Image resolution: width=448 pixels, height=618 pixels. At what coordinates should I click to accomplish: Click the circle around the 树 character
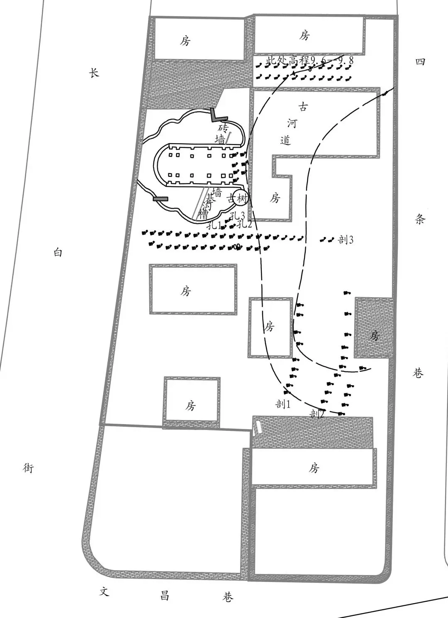pyautogui.click(x=241, y=198)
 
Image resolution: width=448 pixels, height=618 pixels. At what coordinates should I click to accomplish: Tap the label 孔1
pyautogui.click(x=214, y=226)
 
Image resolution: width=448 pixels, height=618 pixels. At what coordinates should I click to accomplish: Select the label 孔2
pyautogui.click(x=245, y=225)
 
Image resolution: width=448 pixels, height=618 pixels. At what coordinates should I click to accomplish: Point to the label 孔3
pyautogui.click(x=237, y=216)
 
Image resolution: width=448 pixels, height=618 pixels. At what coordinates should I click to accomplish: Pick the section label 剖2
pyautogui.click(x=317, y=413)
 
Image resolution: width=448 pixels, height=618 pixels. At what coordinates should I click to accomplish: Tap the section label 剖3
pyautogui.click(x=346, y=239)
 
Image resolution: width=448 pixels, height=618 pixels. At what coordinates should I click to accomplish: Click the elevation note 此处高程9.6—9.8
pyautogui.click(x=309, y=61)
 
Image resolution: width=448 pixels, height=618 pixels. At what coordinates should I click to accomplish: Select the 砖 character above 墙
pyautogui.click(x=224, y=127)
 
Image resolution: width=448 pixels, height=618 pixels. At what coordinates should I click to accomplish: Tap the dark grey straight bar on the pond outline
pyautogui.click(x=161, y=199)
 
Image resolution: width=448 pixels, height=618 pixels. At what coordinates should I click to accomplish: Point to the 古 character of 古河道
pyautogui.click(x=304, y=107)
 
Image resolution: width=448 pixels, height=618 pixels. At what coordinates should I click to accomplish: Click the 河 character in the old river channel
pyautogui.click(x=292, y=123)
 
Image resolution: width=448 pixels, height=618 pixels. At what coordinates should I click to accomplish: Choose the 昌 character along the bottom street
pyautogui.click(x=165, y=596)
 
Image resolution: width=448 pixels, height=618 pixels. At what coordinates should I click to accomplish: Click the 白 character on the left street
pyautogui.click(x=58, y=252)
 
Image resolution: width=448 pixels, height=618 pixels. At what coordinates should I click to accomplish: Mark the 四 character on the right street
pyautogui.click(x=420, y=62)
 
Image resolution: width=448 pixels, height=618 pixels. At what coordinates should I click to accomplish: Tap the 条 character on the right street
pyautogui.click(x=420, y=220)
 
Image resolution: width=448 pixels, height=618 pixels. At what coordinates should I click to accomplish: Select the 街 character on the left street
pyautogui.click(x=28, y=468)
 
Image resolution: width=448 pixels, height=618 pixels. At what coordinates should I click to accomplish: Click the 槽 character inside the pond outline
pyautogui.click(x=203, y=215)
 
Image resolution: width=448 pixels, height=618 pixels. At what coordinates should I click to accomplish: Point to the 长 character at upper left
pyautogui.click(x=95, y=73)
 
